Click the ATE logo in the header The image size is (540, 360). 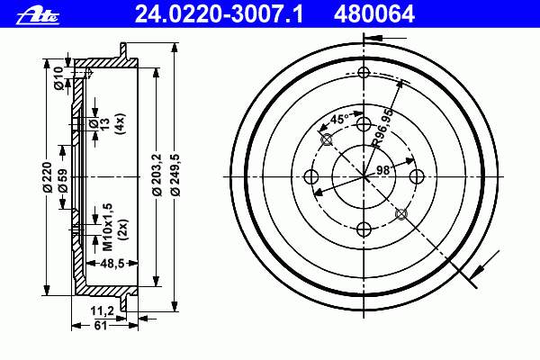(x=38, y=16)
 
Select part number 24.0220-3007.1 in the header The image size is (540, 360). (x=219, y=14)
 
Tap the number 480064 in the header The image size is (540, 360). (x=374, y=14)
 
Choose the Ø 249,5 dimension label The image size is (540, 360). (x=175, y=175)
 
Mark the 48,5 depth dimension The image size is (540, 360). (x=112, y=264)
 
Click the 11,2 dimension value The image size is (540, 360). (x=103, y=311)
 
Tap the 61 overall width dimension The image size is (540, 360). (x=100, y=326)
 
